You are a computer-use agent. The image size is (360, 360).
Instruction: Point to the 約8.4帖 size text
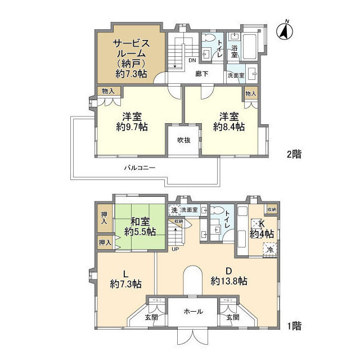(x=229, y=127)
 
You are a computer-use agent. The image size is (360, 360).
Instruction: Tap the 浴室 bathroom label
(x=234, y=49)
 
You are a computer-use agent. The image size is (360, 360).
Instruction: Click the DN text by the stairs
(x=191, y=61)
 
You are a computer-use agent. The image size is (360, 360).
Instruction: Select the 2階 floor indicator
(x=293, y=154)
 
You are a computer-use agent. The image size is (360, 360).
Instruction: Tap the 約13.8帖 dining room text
(x=229, y=281)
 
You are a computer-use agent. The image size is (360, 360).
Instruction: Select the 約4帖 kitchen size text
(x=262, y=233)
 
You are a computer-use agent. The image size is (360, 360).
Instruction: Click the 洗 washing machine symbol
(x=173, y=210)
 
